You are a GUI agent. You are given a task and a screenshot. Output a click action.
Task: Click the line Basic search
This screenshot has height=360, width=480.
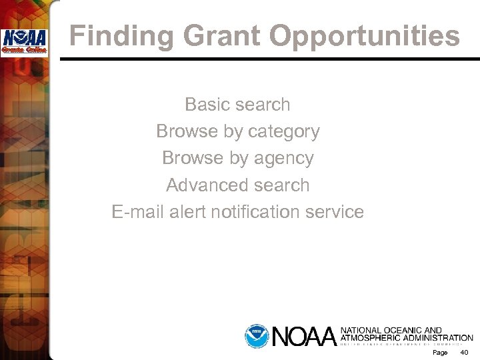click(x=237, y=105)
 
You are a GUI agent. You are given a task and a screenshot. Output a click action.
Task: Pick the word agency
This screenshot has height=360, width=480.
click(x=284, y=159)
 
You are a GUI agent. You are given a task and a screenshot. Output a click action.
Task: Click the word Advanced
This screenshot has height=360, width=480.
click(x=203, y=185)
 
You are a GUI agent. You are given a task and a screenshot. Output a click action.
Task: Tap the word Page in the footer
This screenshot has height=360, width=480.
click(x=439, y=351)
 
